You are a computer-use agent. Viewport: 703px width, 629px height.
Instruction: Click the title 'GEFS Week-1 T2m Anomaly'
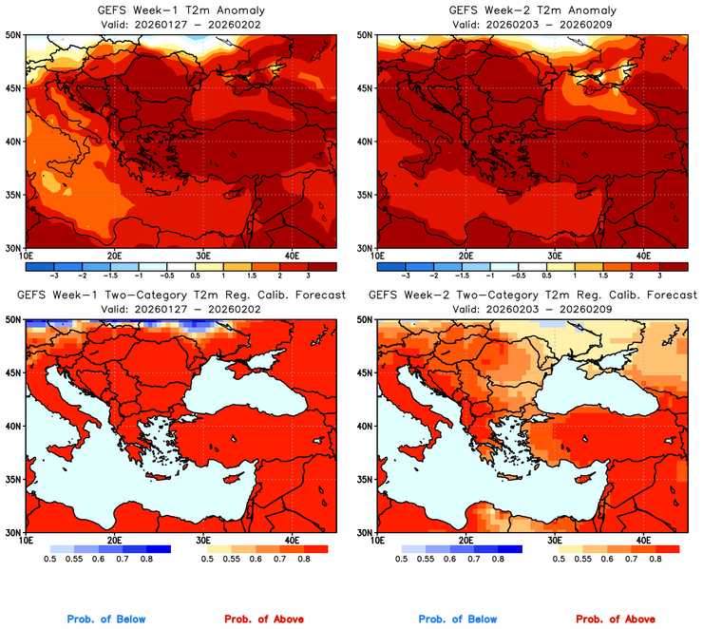pos(180,10)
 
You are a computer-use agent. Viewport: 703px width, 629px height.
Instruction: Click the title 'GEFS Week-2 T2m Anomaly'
pos(531,10)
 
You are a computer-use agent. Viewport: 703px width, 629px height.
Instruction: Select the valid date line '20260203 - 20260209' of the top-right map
pos(531,23)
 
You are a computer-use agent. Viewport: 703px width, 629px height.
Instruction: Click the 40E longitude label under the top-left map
pos(291,256)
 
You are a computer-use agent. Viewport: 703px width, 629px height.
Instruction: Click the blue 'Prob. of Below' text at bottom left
pos(105,619)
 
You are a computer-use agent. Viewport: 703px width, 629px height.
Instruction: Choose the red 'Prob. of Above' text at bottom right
pos(618,619)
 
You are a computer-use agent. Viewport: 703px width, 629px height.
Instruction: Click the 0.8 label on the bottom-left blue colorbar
pos(146,562)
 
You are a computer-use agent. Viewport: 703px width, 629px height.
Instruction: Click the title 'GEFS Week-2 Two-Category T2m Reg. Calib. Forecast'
pos(531,295)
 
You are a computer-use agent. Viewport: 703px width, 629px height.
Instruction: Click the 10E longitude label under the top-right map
pos(377,256)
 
